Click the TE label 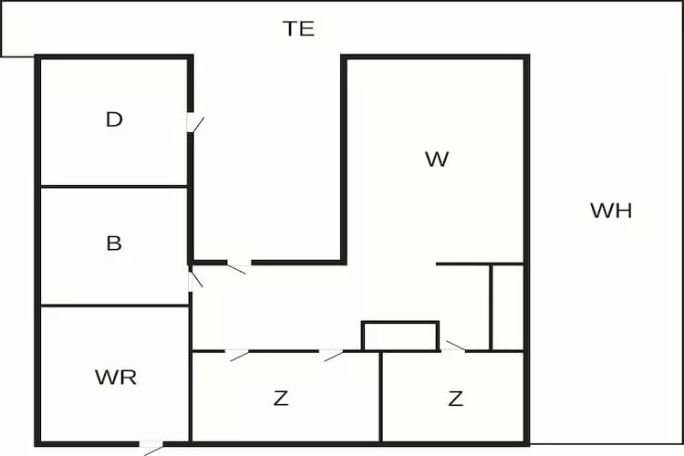point(298,28)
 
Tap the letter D point(114,119)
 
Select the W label point(437,160)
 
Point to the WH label point(611,211)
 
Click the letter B point(114,244)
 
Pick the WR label point(116,377)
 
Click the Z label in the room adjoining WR point(281,398)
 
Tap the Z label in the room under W point(455,398)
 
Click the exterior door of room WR point(150,446)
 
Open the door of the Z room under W point(454,347)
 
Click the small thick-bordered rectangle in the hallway point(400,336)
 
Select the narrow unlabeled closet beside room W point(507,307)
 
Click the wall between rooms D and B point(114,187)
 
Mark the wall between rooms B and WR point(114,306)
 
